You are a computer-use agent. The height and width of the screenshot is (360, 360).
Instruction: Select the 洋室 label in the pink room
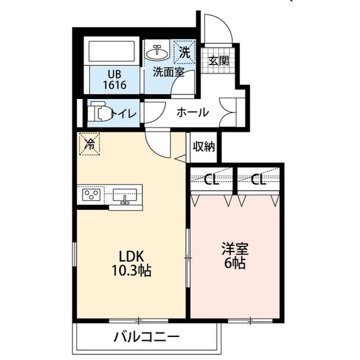pyautogui.click(x=235, y=249)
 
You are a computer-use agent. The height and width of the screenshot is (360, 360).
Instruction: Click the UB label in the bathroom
pyautogui.click(x=114, y=73)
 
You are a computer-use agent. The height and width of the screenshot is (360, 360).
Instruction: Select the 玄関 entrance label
pyautogui.click(x=218, y=61)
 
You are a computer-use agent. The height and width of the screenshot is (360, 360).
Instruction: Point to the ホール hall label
pyautogui.click(x=192, y=112)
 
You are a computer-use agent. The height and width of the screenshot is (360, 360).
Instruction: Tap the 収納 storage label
pyautogui.click(x=204, y=147)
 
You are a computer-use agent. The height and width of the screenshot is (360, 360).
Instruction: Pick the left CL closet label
pyautogui.click(x=211, y=180)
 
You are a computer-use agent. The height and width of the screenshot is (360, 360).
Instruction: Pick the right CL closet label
pyautogui.click(x=258, y=180)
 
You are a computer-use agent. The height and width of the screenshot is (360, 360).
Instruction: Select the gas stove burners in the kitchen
pyautogui.click(x=91, y=195)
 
